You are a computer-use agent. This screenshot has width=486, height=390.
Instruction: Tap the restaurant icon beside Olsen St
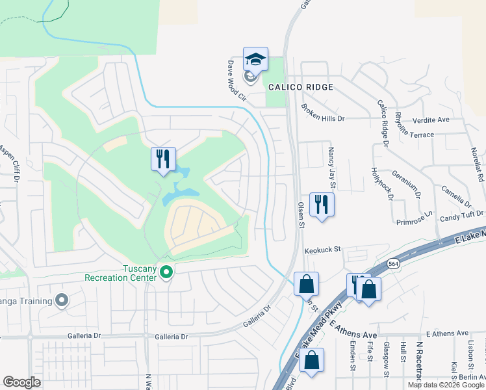point(322,205)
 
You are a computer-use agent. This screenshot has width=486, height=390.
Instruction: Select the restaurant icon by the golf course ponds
point(162,159)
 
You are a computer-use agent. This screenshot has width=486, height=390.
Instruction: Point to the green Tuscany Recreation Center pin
point(166,270)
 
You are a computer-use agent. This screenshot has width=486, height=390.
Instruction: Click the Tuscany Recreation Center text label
point(121,274)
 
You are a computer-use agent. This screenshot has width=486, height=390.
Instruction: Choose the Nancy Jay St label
point(331,164)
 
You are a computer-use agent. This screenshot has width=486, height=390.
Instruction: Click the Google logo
point(21,382)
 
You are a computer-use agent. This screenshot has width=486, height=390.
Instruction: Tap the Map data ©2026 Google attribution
point(444,385)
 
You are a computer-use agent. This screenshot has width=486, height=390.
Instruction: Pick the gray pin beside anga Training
point(62,300)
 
